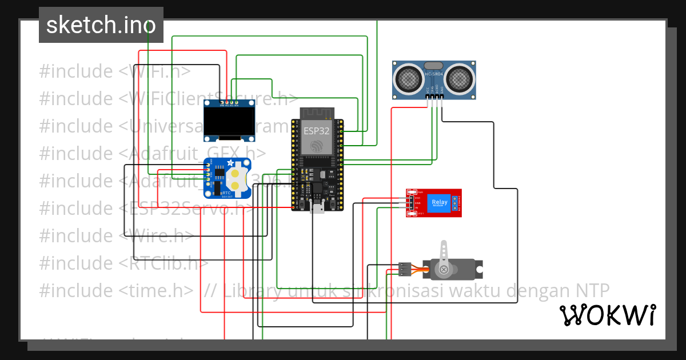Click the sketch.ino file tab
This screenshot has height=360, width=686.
(101, 25)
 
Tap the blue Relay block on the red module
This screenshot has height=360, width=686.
(440, 202)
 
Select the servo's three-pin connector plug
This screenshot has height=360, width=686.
(405, 267)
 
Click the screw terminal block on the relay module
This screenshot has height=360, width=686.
(456, 202)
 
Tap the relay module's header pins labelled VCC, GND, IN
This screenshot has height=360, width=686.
(411, 203)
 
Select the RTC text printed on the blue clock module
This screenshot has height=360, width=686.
(226, 193)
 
